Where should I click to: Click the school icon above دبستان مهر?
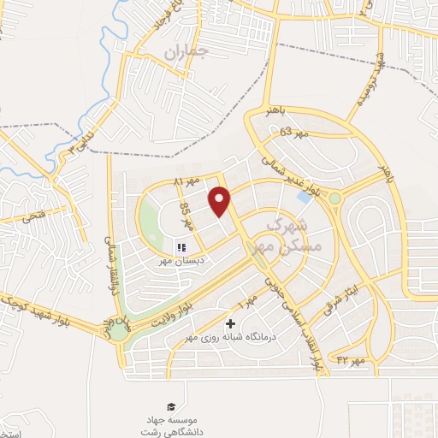tap(181, 248)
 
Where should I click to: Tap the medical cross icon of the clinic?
tap(230, 324)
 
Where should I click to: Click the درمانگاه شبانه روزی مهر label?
tap(230, 338)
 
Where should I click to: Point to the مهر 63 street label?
tap(293, 132)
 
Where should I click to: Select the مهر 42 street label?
tap(350, 360)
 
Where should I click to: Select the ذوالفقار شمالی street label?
tap(109, 245)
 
